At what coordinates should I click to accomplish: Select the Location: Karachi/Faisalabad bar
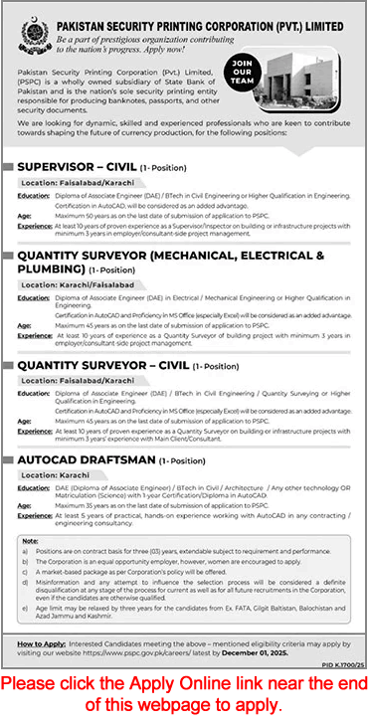click(x=78, y=284)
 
